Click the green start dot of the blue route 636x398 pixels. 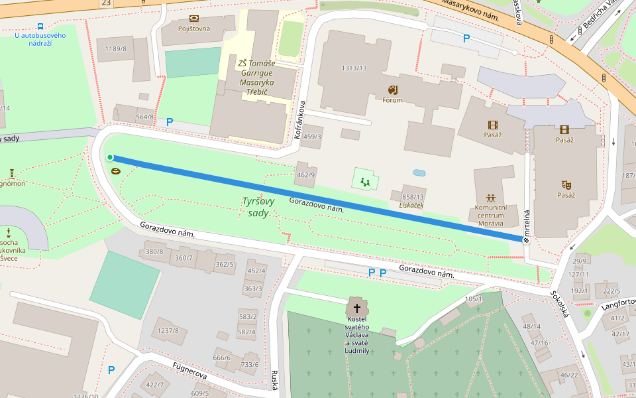point(110,157)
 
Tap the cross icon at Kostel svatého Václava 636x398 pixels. point(357,308)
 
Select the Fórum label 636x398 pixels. point(392,100)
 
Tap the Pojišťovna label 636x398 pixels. point(193,29)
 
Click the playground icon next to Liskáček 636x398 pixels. point(364,180)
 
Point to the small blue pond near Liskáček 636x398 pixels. point(419,172)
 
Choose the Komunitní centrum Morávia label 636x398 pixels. point(491,215)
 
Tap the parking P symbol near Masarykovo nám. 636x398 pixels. point(466,38)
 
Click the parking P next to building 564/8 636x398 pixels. point(170,121)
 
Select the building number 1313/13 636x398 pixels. point(354,68)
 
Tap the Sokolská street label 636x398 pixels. point(560,303)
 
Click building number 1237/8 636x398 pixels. point(168,330)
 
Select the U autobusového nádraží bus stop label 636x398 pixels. point(40,39)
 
